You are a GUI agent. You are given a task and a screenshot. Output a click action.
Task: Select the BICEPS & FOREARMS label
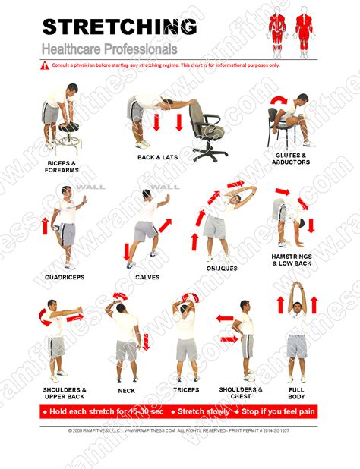tap(62, 165)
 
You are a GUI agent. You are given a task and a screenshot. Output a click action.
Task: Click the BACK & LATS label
tap(158, 158)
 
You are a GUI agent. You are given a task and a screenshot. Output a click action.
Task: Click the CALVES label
tap(147, 278)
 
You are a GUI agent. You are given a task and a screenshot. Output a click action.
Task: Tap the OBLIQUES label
tap(222, 268)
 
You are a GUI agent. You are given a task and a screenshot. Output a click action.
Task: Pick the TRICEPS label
tap(185, 390)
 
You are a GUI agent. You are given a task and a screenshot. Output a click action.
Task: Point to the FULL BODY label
tap(297, 393)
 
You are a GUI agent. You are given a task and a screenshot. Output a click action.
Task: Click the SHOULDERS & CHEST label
tap(242, 393)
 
